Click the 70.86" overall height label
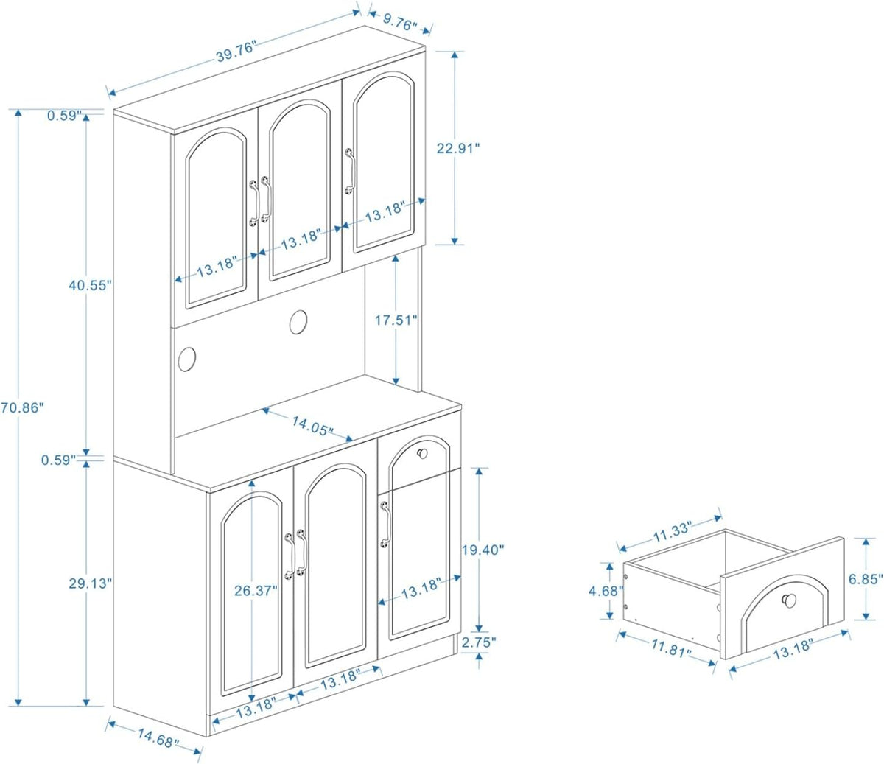point(22,407)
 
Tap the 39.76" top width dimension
point(236,52)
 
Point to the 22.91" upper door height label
point(457,148)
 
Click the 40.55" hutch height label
point(90,285)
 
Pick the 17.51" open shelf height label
point(396,320)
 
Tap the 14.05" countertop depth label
point(312,426)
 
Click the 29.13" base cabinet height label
point(90,583)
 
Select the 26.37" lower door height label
point(256,591)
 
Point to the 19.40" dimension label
point(483,550)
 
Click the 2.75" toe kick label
point(479,642)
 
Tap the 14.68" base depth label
point(158,738)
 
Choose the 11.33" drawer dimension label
point(672,532)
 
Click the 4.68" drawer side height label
point(606,591)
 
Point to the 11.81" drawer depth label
point(671,649)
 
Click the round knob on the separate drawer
point(790,600)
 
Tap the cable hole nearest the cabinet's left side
point(187,359)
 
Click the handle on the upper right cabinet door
point(350,171)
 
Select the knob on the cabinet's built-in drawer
point(422,453)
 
